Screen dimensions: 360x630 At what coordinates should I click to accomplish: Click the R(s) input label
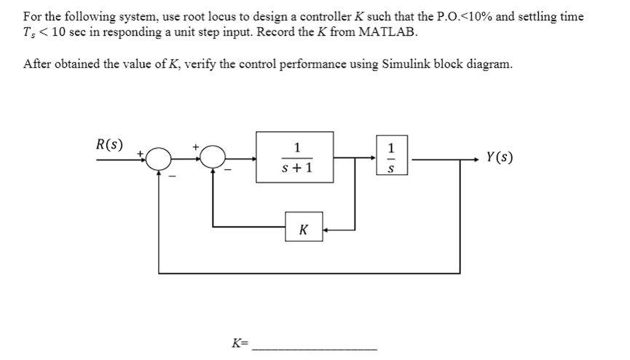(109, 144)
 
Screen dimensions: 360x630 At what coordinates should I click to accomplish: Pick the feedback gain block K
(303, 230)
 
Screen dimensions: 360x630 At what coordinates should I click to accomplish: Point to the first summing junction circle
(158, 157)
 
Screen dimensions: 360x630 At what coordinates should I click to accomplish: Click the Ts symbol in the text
(29, 34)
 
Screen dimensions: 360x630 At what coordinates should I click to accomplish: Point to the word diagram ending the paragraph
(491, 63)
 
